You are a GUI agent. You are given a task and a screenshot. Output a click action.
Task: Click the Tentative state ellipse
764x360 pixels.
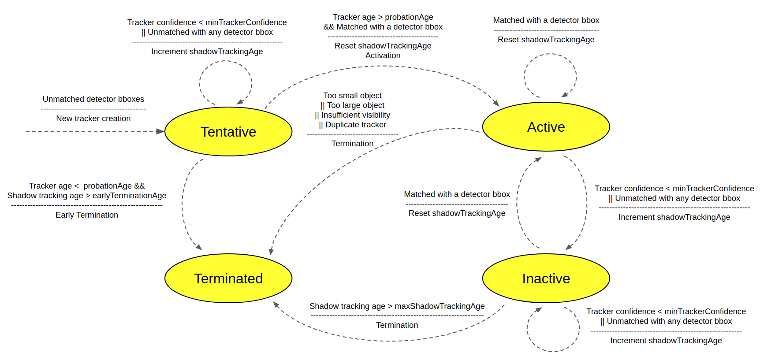pyautogui.click(x=228, y=131)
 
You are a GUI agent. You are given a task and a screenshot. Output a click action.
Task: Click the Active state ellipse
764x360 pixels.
pyautogui.click(x=546, y=127)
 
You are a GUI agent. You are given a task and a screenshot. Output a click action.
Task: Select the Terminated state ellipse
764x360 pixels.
pyautogui.click(x=228, y=278)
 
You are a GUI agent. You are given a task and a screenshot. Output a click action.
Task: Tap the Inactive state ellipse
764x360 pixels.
pyautogui.click(x=546, y=278)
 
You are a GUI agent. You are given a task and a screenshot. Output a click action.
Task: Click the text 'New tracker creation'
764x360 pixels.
pyautogui.click(x=93, y=119)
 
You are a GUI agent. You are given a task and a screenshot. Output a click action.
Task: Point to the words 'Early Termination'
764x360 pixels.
pyautogui.click(x=87, y=215)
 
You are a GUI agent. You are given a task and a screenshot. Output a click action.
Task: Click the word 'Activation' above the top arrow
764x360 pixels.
pyautogui.click(x=383, y=56)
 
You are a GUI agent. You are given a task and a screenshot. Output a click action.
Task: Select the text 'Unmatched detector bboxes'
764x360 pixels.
pyautogui.click(x=93, y=99)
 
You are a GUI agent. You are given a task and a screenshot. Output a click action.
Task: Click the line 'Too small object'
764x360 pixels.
pyautogui.click(x=352, y=96)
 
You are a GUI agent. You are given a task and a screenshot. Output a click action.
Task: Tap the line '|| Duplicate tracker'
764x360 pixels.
pyautogui.click(x=352, y=125)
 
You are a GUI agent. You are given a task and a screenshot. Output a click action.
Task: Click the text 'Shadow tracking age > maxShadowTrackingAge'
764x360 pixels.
pyautogui.click(x=397, y=306)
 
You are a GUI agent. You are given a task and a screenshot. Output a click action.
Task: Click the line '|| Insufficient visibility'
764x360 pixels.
pyautogui.click(x=352, y=115)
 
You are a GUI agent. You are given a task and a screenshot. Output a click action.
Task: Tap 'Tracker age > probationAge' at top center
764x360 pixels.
pyautogui.click(x=383, y=17)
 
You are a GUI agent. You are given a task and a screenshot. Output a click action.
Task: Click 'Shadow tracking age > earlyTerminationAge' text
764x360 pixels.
pyautogui.click(x=87, y=196)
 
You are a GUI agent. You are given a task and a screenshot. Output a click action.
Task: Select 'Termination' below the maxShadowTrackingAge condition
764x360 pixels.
pyautogui.click(x=397, y=325)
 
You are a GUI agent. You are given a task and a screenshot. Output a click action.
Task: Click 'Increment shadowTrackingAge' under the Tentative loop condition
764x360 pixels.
pyautogui.click(x=207, y=52)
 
